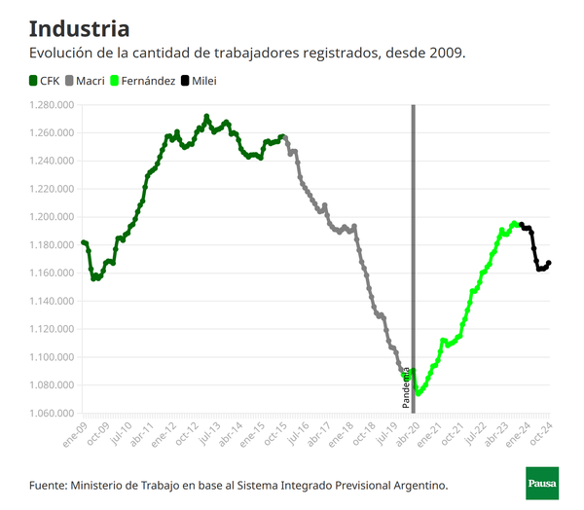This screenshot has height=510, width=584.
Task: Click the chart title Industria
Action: (79, 28)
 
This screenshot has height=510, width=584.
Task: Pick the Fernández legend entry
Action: (147, 81)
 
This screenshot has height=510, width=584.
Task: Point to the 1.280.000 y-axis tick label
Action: (53, 105)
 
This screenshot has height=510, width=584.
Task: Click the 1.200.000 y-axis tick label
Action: (53, 217)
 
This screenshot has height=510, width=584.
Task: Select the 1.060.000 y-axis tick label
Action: (53, 414)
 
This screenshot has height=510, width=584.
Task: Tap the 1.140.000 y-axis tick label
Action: (53, 302)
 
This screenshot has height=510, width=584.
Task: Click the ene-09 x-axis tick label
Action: (73, 434)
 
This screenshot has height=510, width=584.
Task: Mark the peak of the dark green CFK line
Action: (206, 117)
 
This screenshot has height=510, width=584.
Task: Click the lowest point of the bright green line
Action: (419, 393)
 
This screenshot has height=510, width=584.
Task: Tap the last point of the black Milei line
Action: (549, 263)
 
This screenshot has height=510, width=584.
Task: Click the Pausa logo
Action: (542, 484)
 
